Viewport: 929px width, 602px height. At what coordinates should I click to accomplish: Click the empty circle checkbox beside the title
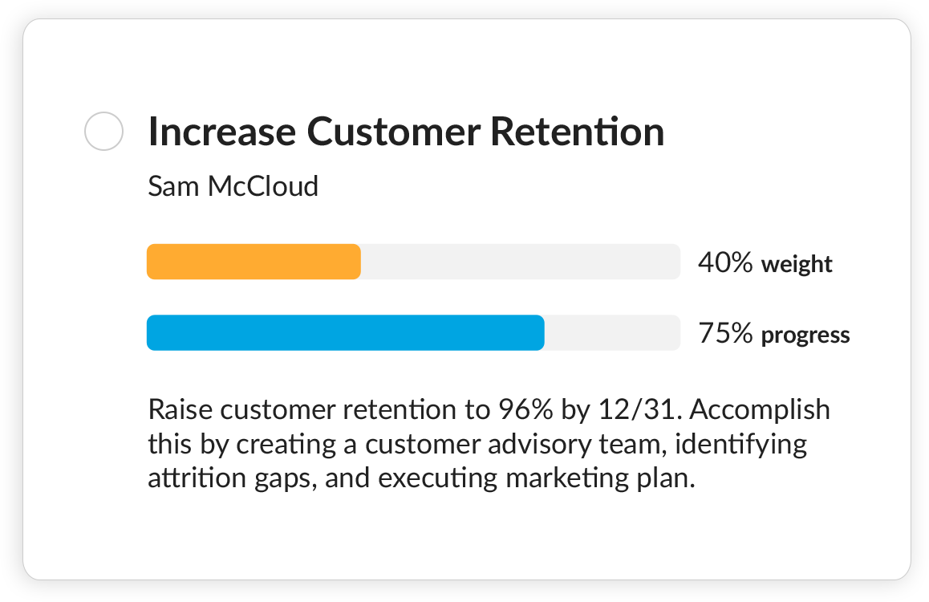[x=103, y=131]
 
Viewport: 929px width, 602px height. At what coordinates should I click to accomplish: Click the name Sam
[x=174, y=186]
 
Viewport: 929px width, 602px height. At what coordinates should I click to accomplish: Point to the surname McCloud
[x=263, y=186]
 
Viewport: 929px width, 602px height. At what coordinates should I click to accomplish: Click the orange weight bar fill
[x=254, y=262]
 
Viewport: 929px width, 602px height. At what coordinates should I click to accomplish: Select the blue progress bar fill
[x=345, y=332]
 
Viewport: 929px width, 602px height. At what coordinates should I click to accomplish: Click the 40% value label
[x=725, y=262]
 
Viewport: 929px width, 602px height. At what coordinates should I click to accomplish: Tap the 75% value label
[x=725, y=333]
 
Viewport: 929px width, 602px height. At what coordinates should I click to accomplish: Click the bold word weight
[x=797, y=264]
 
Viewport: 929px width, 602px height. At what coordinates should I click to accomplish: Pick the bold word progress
[x=805, y=335]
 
